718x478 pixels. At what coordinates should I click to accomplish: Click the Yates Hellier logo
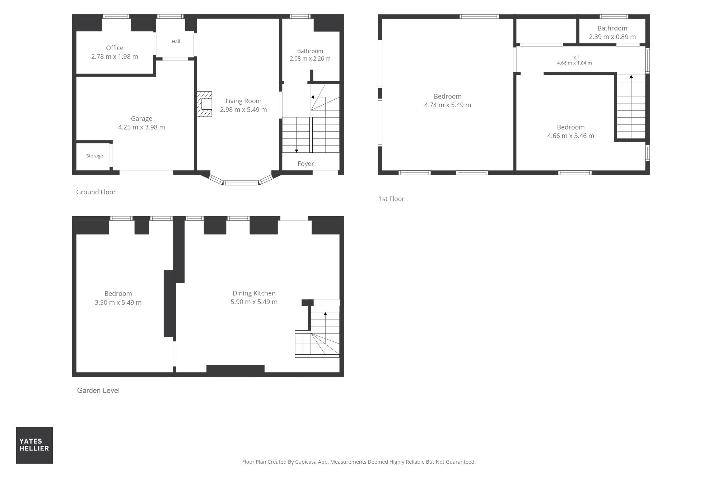pos(34,445)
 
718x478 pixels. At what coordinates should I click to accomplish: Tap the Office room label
pos(115,48)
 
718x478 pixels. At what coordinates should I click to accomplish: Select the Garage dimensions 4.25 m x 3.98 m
pos(141,127)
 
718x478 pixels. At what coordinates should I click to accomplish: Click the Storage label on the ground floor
pos(94,156)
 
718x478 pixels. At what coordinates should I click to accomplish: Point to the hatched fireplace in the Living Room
pos(204,104)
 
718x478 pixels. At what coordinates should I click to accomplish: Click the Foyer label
pos(306,164)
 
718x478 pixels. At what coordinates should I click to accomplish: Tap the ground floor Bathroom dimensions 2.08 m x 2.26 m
pos(310,58)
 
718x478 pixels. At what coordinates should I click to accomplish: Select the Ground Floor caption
pos(96,192)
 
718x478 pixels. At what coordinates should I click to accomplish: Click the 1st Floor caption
pos(391,199)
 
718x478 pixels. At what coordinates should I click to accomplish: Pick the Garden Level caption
pos(98,391)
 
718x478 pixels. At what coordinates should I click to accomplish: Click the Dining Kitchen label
pos(254,293)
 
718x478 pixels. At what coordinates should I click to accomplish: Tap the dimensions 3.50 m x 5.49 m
pos(118,303)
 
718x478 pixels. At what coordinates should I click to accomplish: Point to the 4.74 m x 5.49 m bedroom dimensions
pos(448,105)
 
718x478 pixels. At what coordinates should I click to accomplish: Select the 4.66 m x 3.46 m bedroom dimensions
pos(571,136)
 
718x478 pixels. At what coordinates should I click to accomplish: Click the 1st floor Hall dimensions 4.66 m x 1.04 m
pos(574,63)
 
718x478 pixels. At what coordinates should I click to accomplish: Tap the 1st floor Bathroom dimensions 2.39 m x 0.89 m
pos(612,37)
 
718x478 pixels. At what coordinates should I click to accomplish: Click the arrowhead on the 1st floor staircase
pos(631,76)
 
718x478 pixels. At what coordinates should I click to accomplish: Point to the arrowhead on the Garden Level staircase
pos(325,314)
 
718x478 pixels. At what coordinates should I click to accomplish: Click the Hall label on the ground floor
pos(176,41)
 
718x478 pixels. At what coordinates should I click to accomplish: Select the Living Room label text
pos(243,101)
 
